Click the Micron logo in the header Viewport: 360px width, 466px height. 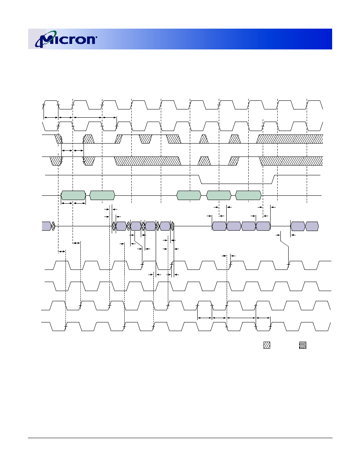(x=66, y=39)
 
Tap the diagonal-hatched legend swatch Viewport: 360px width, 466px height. (x=267, y=345)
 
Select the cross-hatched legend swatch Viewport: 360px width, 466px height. (x=303, y=345)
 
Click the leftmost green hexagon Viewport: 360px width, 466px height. (x=73, y=196)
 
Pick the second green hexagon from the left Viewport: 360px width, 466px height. (x=102, y=196)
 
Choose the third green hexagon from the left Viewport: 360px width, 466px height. (x=189, y=196)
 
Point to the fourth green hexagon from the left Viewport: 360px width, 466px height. (x=218, y=196)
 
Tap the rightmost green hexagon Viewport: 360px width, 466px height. (x=248, y=196)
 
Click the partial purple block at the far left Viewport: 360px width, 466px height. (x=46, y=226)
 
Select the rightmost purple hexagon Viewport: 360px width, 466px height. (x=312, y=226)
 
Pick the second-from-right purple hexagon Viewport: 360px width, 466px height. (x=298, y=226)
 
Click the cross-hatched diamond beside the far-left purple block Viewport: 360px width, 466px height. (x=53, y=226)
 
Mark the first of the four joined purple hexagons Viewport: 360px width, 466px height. (x=219, y=226)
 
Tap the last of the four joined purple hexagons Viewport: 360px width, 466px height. (x=263, y=226)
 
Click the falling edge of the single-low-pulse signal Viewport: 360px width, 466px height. (x=200, y=180)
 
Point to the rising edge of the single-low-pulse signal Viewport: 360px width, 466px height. (x=274, y=180)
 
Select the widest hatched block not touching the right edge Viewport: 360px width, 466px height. (x=147, y=161)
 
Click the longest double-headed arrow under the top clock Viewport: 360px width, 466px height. (x=87, y=118)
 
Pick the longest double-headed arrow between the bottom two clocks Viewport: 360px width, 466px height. (x=241, y=318)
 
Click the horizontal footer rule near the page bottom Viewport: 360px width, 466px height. (x=180, y=438)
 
